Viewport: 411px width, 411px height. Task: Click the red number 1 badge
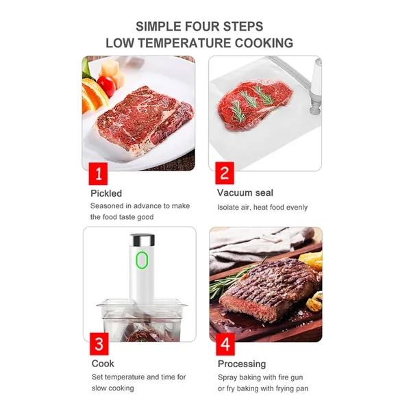coord(98,173)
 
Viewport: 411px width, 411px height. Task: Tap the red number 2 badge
coord(225,173)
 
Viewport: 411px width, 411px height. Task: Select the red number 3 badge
coord(99,344)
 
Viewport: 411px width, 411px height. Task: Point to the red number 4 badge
coord(225,344)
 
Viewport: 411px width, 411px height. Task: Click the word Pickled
coord(106,193)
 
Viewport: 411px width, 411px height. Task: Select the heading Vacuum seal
coord(245,193)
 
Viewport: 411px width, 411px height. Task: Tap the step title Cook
coord(103,364)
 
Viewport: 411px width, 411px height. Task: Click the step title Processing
coord(242,364)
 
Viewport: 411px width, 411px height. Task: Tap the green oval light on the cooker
coord(142,260)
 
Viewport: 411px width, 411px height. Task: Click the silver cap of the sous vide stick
coord(142,240)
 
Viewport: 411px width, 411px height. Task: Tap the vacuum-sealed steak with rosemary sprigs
coord(254,104)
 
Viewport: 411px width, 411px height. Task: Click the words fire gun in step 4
coord(290,377)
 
